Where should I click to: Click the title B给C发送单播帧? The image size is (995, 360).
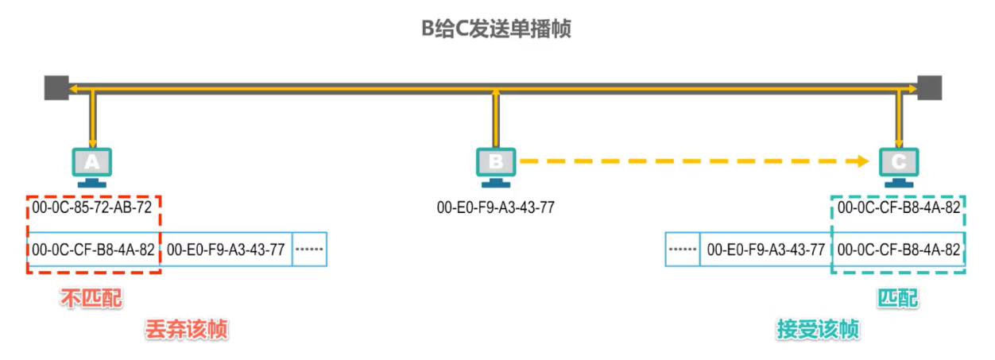(497, 31)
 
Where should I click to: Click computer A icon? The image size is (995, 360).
(93, 165)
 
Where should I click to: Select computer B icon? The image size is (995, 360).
(496, 165)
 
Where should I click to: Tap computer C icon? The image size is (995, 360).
(899, 165)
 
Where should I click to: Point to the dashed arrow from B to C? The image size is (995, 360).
(691, 162)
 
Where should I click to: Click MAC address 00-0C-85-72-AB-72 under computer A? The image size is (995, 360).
(92, 208)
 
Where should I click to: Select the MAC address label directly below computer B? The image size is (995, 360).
(496, 208)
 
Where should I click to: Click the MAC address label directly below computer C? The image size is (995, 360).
(899, 208)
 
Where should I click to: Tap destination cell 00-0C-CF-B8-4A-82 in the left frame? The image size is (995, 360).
(93, 250)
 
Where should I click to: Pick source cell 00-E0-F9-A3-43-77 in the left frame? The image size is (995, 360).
(226, 250)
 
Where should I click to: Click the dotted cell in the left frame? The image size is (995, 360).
(310, 250)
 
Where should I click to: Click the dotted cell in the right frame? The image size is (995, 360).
(683, 250)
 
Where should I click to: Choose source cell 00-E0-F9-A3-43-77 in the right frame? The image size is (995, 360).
(766, 250)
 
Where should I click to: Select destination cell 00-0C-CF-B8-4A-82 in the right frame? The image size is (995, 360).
(899, 250)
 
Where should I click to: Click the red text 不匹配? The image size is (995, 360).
(92, 299)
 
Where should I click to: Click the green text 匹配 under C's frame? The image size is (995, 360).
(898, 299)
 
